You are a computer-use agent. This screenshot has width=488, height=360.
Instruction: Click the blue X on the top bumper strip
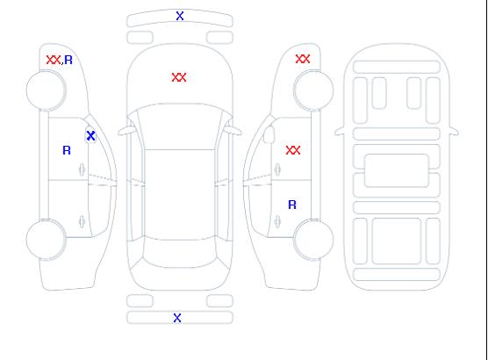click(x=180, y=16)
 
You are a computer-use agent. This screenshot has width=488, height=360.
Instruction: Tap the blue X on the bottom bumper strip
click(x=177, y=318)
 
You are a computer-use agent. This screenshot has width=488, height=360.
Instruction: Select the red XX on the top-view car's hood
click(x=179, y=77)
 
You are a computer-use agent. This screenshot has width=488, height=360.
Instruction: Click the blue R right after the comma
click(x=68, y=60)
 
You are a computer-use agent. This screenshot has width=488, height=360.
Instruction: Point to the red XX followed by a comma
click(x=54, y=60)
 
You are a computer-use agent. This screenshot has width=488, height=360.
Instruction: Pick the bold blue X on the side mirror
click(x=90, y=135)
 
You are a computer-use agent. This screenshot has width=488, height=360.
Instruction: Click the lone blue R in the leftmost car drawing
click(x=67, y=150)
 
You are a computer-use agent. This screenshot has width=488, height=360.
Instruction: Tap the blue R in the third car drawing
click(x=292, y=205)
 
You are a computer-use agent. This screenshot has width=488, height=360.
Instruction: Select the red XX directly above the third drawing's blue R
click(x=293, y=150)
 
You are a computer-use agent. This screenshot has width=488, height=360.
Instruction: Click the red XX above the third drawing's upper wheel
click(x=303, y=59)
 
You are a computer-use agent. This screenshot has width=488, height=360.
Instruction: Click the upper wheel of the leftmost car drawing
click(x=46, y=90)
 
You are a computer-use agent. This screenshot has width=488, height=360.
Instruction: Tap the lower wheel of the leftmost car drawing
click(x=46, y=240)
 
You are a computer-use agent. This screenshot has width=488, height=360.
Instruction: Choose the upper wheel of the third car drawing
click(x=313, y=90)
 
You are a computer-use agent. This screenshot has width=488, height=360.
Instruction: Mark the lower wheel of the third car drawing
click(x=313, y=239)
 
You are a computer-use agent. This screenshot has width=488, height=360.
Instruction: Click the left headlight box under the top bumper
click(x=140, y=38)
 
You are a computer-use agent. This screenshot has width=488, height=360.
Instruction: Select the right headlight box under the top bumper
click(x=219, y=38)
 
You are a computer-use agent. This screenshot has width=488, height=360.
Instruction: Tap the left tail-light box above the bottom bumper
click(x=140, y=301)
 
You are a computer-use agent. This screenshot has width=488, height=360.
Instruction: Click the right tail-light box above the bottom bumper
click(x=219, y=301)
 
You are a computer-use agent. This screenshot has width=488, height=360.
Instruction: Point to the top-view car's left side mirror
click(x=126, y=131)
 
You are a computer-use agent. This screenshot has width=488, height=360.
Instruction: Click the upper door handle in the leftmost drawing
click(x=82, y=169)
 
